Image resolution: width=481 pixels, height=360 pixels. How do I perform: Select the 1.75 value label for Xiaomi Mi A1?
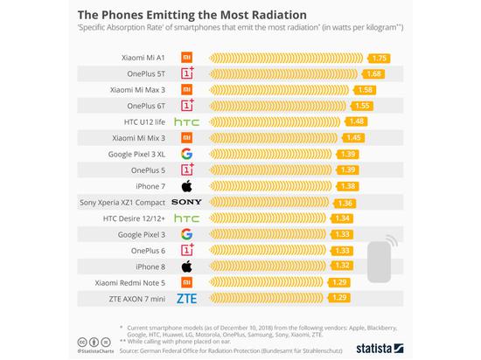pyautogui.click(x=379, y=58)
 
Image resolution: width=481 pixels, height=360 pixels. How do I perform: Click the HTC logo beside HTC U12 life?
pyautogui.click(x=186, y=121)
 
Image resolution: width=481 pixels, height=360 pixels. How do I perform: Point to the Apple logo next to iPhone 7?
pyautogui.click(x=186, y=186)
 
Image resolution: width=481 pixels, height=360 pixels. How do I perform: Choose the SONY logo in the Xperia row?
pyautogui.click(x=186, y=202)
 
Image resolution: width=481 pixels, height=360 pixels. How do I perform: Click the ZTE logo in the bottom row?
pyautogui.click(x=186, y=299)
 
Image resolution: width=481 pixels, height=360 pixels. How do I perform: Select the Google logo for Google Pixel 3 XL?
pyautogui.click(x=186, y=154)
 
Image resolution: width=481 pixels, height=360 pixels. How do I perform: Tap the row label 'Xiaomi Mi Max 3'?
pyautogui.click(x=137, y=89)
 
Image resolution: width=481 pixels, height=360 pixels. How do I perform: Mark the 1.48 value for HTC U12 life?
pyautogui.click(x=355, y=121)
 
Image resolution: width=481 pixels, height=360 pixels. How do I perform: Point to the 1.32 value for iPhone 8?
pyautogui.click(x=342, y=267)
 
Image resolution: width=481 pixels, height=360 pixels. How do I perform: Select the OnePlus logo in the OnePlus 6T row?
pyautogui.click(x=186, y=105)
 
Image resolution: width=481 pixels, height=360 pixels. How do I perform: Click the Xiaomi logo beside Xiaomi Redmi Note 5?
pyautogui.click(x=186, y=283)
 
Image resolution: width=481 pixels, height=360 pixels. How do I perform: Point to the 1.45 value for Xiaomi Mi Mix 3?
pyautogui.click(x=353, y=137)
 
